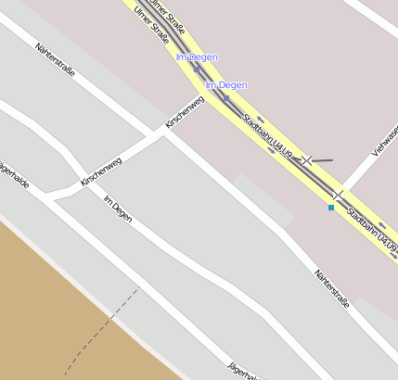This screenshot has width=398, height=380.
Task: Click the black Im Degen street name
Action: click(118, 209)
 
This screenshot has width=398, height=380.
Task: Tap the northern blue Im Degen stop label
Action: click(197, 57)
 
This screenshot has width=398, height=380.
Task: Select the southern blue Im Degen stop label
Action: click(226, 85)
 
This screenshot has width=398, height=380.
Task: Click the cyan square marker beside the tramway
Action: click(331, 208)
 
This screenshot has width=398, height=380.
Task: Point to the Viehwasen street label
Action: click(384, 138)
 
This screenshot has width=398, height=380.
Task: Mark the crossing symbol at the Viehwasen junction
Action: click(339, 195)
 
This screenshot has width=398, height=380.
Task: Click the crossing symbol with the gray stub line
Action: click(306, 160)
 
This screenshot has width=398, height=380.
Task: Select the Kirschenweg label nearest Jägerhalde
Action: click(101, 171)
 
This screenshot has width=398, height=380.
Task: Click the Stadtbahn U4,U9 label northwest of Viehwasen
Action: click(267, 134)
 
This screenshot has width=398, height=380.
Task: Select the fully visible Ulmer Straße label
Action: click(151, 25)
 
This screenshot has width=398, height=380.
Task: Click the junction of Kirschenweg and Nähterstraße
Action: click(166, 130)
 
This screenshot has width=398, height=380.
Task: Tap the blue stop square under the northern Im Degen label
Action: click(196, 69)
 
